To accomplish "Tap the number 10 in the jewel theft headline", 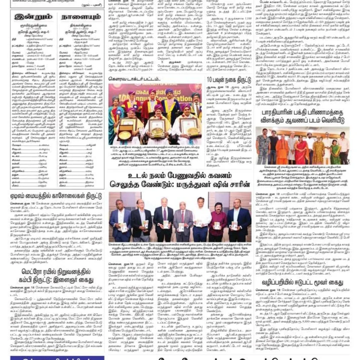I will coord(210,79).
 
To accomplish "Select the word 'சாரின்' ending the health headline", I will coord(240,184).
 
